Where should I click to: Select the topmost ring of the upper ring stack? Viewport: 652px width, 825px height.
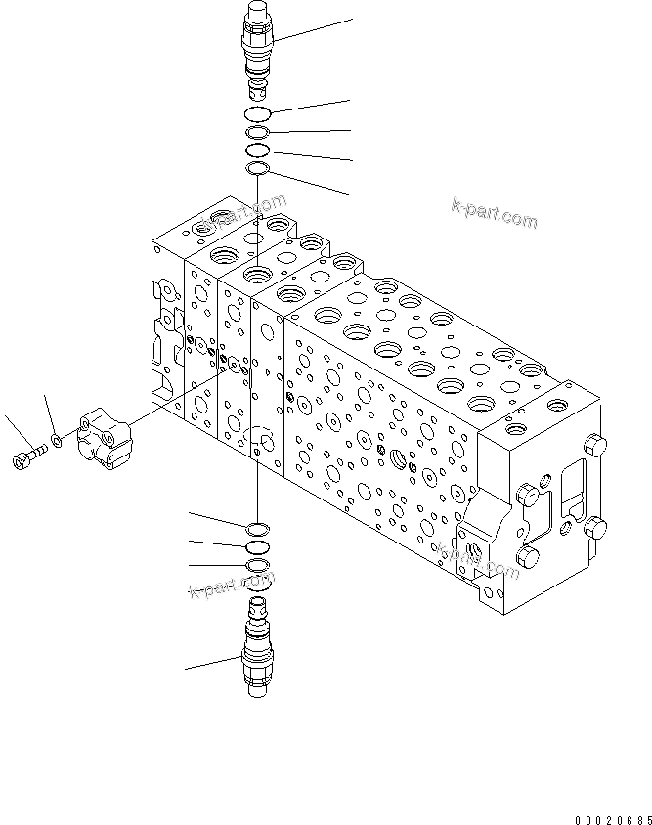258,114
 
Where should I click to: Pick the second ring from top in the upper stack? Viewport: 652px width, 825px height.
257,133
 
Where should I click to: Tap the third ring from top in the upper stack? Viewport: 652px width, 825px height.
257,151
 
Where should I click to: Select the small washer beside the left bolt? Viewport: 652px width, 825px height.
58,441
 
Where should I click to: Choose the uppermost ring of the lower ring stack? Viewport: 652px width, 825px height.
256,528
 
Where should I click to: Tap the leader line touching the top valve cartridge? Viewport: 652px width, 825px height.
313,29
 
